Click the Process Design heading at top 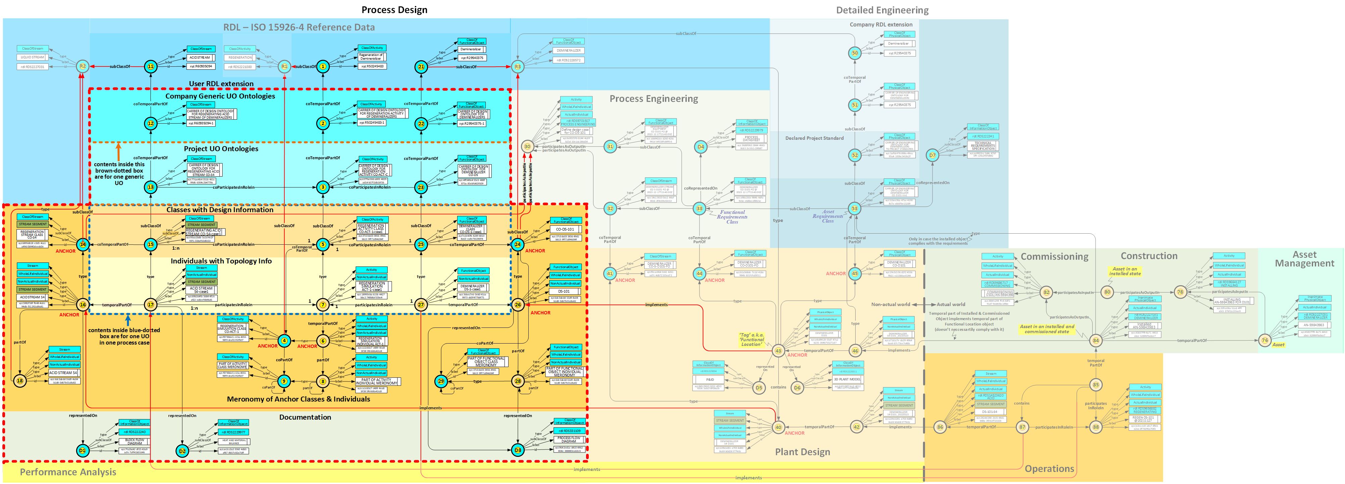(x=394, y=10)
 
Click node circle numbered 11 (x=150, y=66)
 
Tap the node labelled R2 (x=83, y=66)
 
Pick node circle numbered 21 (x=421, y=66)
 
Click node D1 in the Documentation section (x=83, y=450)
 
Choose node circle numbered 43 (x=778, y=351)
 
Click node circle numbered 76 (x=1264, y=341)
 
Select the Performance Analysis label (x=68, y=472)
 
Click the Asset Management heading (x=1304, y=259)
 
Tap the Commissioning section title (x=1054, y=257)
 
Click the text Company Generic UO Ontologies (x=220, y=96)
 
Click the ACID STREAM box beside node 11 (x=200, y=57)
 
